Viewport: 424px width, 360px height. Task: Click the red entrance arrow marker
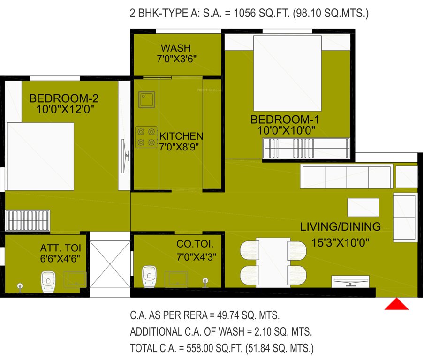pyautogui.click(x=396, y=305)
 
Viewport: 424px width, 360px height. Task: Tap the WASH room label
pyautogui.click(x=176, y=48)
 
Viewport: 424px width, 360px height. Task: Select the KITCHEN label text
pyautogui.click(x=182, y=136)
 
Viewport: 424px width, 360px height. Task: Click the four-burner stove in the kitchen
pyautogui.click(x=145, y=136)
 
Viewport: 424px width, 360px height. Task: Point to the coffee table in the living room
pyautogui.click(x=363, y=207)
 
